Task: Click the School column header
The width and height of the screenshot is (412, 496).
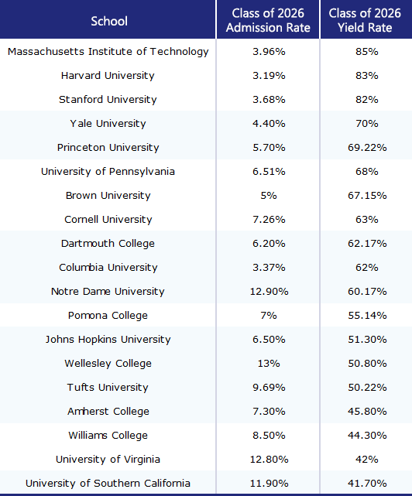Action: (x=109, y=21)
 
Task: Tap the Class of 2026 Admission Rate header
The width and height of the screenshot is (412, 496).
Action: (x=268, y=20)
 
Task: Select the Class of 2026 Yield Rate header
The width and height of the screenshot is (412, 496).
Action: (x=365, y=20)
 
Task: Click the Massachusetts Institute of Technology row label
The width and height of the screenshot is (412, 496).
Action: (x=108, y=52)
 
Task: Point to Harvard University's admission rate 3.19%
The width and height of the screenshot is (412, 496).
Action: (x=269, y=76)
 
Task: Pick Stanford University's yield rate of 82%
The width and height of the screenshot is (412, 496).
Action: (x=367, y=100)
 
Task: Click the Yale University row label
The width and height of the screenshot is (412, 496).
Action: (x=108, y=123)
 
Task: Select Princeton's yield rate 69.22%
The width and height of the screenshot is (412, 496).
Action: (x=367, y=148)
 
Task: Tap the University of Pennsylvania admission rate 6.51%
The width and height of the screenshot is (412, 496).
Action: (x=269, y=172)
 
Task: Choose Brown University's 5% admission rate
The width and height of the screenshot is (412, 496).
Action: (x=269, y=196)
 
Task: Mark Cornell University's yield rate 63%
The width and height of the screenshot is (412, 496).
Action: (x=367, y=220)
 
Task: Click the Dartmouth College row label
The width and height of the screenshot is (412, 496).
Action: (x=108, y=244)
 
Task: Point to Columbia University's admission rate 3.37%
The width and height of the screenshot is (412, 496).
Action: (x=269, y=268)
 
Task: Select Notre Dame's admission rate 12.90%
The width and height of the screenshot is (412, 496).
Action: (x=269, y=292)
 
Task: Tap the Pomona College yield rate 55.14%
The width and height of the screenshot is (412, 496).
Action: (x=367, y=316)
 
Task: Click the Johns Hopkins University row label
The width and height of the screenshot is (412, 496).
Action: (x=108, y=340)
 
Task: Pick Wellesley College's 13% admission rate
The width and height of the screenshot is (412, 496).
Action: (x=269, y=364)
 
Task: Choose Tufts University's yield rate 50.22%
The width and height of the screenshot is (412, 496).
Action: (x=367, y=388)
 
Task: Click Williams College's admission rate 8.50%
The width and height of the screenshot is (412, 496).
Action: (x=269, y=436)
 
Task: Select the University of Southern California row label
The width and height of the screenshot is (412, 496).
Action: (x=108, y=484)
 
